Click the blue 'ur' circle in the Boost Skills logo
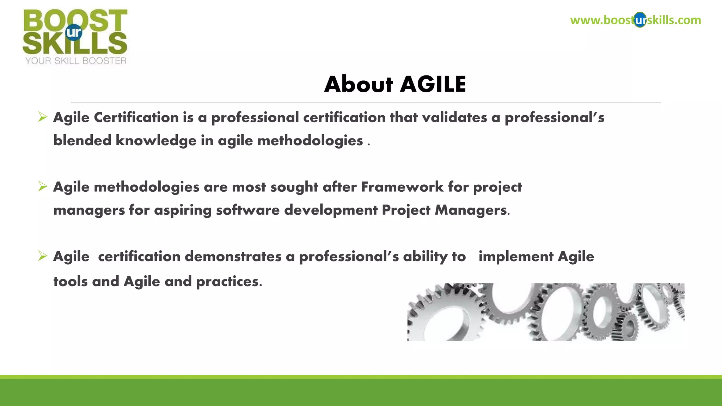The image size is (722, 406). (x=74, y=32)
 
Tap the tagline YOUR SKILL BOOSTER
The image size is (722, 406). (x=75, y=61)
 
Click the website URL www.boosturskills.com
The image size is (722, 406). (x=635, y=20)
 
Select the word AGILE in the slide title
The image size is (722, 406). (x=433, y=85)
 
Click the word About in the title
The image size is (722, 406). (x=358, y=85)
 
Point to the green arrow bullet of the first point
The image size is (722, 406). (x=43, y=117)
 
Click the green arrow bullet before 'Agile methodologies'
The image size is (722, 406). (x=43, y=186)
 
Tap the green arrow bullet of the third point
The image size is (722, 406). (x=43, y=256)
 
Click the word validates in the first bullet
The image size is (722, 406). (x=454, y=118)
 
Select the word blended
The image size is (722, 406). (x=82, y=141)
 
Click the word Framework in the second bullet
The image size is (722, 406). (x=402, y=187)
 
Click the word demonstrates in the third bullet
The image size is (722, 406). (x=233, y=257)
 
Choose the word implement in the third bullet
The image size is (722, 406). (x=516, y=257)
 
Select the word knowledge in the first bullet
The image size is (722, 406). (x=156, y=141)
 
